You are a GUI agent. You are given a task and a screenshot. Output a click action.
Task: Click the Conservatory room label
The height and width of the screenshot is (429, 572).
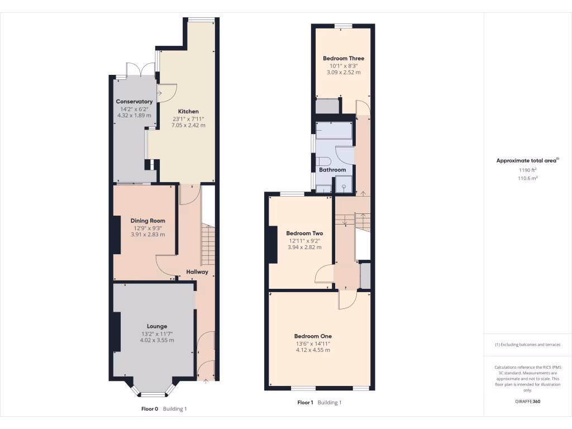134,102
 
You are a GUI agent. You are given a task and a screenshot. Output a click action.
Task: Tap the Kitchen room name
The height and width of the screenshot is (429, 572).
188,111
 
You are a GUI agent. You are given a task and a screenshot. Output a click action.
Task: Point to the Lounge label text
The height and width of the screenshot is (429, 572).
157,326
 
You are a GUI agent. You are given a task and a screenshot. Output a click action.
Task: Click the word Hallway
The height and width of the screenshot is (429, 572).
197,272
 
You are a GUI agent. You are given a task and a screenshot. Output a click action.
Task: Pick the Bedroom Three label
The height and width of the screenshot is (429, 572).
344,58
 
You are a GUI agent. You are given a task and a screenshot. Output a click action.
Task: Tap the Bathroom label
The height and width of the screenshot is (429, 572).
332,170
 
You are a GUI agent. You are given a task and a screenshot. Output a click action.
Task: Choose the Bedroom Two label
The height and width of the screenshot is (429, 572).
304,233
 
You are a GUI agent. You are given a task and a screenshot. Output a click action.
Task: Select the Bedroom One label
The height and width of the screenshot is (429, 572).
312,336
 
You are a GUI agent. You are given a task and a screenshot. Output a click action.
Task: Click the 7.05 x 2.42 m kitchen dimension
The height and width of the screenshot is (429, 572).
188,125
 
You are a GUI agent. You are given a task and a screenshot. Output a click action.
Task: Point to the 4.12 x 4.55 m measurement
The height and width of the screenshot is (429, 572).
312,350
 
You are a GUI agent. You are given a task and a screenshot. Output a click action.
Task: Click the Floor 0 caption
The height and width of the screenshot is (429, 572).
150,409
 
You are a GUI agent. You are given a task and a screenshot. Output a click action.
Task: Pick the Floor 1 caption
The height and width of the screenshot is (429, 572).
305,403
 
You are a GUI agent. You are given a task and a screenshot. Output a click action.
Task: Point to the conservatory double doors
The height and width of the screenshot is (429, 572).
141,70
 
